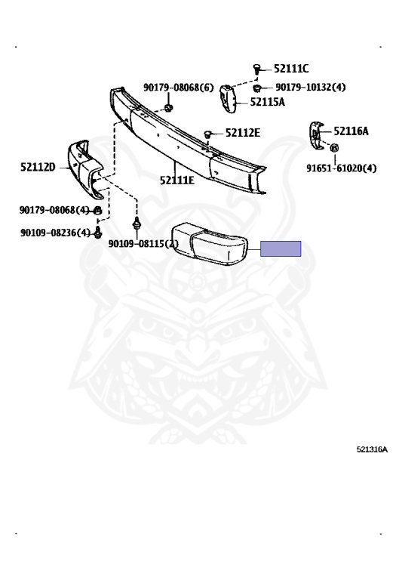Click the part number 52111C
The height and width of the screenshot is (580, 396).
coord(291,69)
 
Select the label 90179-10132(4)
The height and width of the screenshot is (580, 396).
coord(310,88)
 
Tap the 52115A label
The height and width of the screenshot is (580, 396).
coord(268,102)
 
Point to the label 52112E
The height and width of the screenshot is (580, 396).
coord(243,133)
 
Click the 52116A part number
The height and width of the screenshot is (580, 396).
coord(351,131)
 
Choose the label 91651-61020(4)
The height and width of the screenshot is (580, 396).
coord(342,168)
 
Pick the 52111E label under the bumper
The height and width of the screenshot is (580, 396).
coord(177,180)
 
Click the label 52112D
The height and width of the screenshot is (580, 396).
coord(38,167)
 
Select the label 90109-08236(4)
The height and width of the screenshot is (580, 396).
coord(55,233)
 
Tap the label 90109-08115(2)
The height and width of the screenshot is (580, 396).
coord(143,244)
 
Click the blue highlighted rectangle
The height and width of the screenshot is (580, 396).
coord(281,248)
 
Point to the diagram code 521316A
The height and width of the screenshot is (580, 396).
coord(372,449)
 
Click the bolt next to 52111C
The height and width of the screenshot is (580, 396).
coord(256,69)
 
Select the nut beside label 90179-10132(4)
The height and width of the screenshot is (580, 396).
coord(257,88)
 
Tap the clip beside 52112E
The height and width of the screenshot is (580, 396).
coord(207,134)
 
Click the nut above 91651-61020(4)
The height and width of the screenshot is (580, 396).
coord(334,148)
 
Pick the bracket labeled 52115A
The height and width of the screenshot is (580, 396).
coord(228,98)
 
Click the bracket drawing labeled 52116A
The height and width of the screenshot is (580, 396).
coord(316,135)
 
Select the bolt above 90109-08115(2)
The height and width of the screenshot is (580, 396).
coord(137,223)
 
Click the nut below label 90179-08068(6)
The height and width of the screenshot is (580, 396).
coord(168,108)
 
